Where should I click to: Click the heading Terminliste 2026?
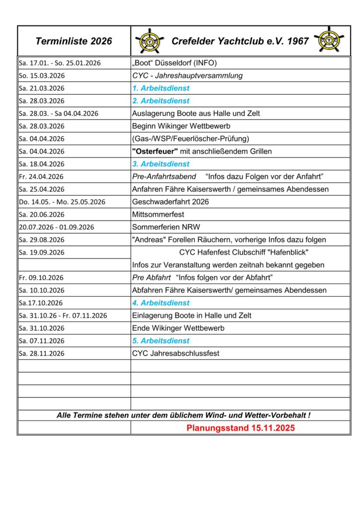pyautogui.click(x=74, y=41)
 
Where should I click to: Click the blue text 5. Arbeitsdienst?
pyautogui.click(x=161, y=341)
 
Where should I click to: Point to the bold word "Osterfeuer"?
pyautogui.click(x=155, y=152)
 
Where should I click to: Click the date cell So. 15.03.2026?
pyautogui.click(x=42, y=76)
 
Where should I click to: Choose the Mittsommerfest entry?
pyautogui.click(x=158, y=215)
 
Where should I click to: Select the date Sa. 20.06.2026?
pyautogui.click(x=42, y=215)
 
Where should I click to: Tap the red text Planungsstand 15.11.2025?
pyautogui.click(x=241, y=428)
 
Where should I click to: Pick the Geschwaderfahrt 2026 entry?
pyautogui.click(x=171, y=202)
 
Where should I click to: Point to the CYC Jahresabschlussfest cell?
pyautogui.click(x=176, y=353)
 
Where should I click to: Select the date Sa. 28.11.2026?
pyautogui.click(x=42, y=353)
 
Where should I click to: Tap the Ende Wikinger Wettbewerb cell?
pyautogui.click(x=178, y=328)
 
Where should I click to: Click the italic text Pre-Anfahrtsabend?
pyautogui.click(x=164, y=176)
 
